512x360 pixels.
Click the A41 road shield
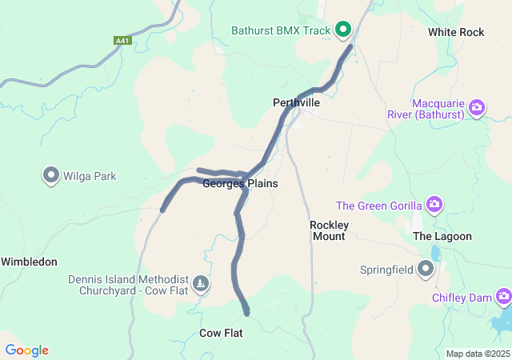point(122,40)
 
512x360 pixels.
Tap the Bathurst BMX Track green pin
point(344,30)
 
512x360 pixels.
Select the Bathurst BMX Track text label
point(281,31)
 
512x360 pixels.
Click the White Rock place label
point(456,32)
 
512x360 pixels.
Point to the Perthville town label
point(296,103)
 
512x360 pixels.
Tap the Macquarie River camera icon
point(478,107)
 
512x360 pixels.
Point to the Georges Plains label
point(240,184)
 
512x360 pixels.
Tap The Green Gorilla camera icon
point(434,205)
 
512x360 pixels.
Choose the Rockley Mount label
point(328,230)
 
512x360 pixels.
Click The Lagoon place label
point(442,237)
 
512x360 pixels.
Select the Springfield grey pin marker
point(426,269)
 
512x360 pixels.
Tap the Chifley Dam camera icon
point(503,298)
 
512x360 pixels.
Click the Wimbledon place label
point(29,262)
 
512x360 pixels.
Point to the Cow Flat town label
point(221,333)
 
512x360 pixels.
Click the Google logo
point(27,350)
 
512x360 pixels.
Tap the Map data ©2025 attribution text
point(477,354)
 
